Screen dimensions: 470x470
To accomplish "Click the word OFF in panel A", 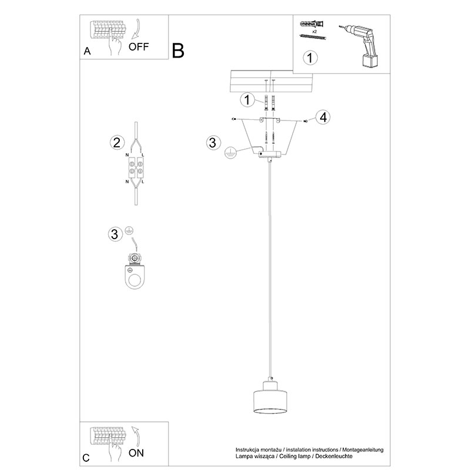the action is coord(139,47).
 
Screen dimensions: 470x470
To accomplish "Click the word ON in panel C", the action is coord(136,453).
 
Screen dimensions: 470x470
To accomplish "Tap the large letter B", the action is coord(178,51).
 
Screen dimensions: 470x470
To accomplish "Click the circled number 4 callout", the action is coord(323,117).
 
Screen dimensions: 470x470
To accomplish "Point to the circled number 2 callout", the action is coord(116,143).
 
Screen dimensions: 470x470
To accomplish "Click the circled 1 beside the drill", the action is coord(310,58).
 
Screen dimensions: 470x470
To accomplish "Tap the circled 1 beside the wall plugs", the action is coord(247,99).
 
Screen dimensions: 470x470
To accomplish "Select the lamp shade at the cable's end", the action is coord(270,398).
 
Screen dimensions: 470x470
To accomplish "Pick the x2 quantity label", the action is coord(314,31).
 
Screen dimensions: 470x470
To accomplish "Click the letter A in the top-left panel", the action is coord(87,51).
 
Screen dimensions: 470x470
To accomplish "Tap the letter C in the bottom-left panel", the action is coord(86,458).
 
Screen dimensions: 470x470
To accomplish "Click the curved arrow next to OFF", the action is coord(137,29).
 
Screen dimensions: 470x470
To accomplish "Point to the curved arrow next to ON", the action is coord(137,436).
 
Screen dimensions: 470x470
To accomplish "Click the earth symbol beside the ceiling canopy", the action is coord(230,153).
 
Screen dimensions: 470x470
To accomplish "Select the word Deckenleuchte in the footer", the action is coord(334,456).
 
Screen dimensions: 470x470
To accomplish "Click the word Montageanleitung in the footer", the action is coord(362,450).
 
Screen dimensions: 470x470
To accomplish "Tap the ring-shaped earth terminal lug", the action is coord(135,271).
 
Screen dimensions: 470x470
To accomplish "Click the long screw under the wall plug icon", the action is coord(313,37).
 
